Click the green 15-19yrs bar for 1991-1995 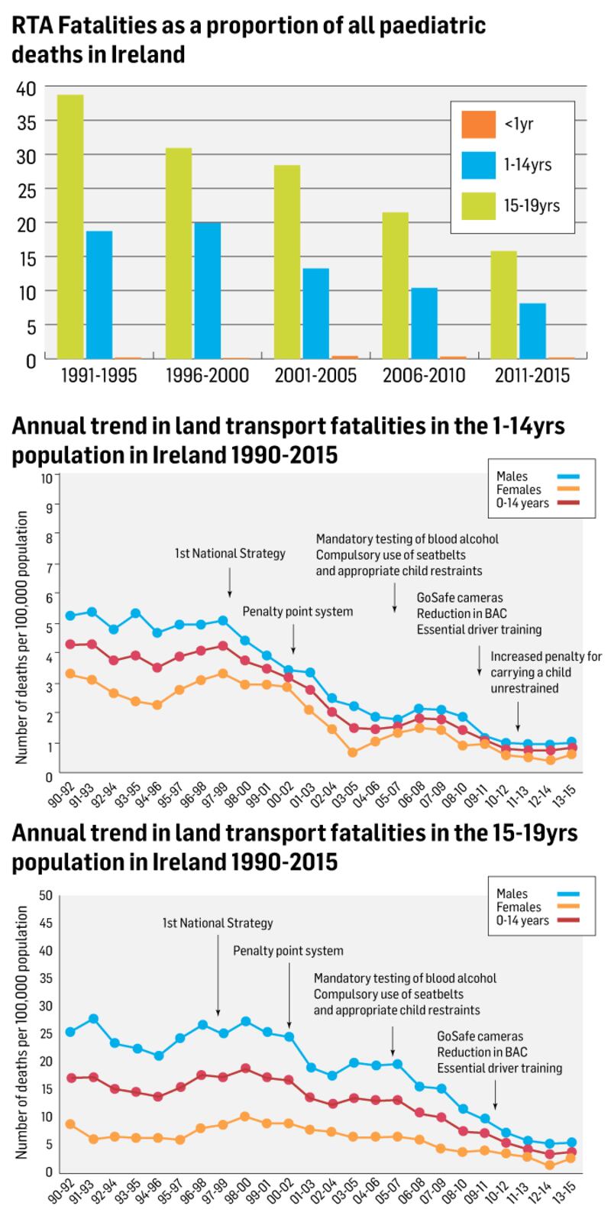[x=70, y=226]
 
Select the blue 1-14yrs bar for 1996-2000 [x=207, y=289]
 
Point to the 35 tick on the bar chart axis [x=26, y=121]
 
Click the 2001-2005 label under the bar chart [x=315, y=376]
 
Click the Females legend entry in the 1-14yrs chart [x=519, y=490]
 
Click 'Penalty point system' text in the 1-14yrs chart [x=298, y=611]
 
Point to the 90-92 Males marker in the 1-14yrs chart [x=70, y=616]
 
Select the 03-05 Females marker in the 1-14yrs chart [x=353, y=752]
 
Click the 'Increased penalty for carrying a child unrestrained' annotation [x=545, y=672]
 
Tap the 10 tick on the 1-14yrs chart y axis [x=47, y=478]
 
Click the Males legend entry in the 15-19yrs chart [x=512, y=894]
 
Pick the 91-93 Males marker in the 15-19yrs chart [x=93, y=1018]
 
